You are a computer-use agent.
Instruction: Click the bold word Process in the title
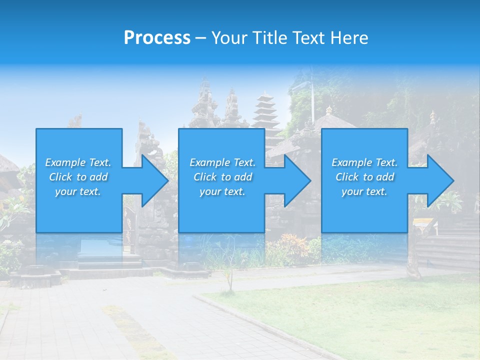click(x=157, y=38)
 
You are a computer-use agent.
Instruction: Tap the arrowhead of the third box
click(x=439, y=180)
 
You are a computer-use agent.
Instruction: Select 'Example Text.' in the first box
click(x=78, y=162)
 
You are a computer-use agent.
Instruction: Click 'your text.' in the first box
click(x=78, y=191)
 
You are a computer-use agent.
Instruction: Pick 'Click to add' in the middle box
click(x=222, y=177)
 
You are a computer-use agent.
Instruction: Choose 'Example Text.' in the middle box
click(x=222, y=162)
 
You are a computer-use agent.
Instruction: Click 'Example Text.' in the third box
click(x=364, y=162)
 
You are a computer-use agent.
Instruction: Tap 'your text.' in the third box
click(x=364, y=191)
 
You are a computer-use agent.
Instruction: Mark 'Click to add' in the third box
click(x=364, y=177)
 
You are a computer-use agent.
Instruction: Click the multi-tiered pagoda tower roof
click(x=265, y=112)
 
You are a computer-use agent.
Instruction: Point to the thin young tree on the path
click(x=229, y=278)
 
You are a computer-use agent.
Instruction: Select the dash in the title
click(x=200, y=38)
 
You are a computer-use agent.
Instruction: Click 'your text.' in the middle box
click(x=222, y=191)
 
